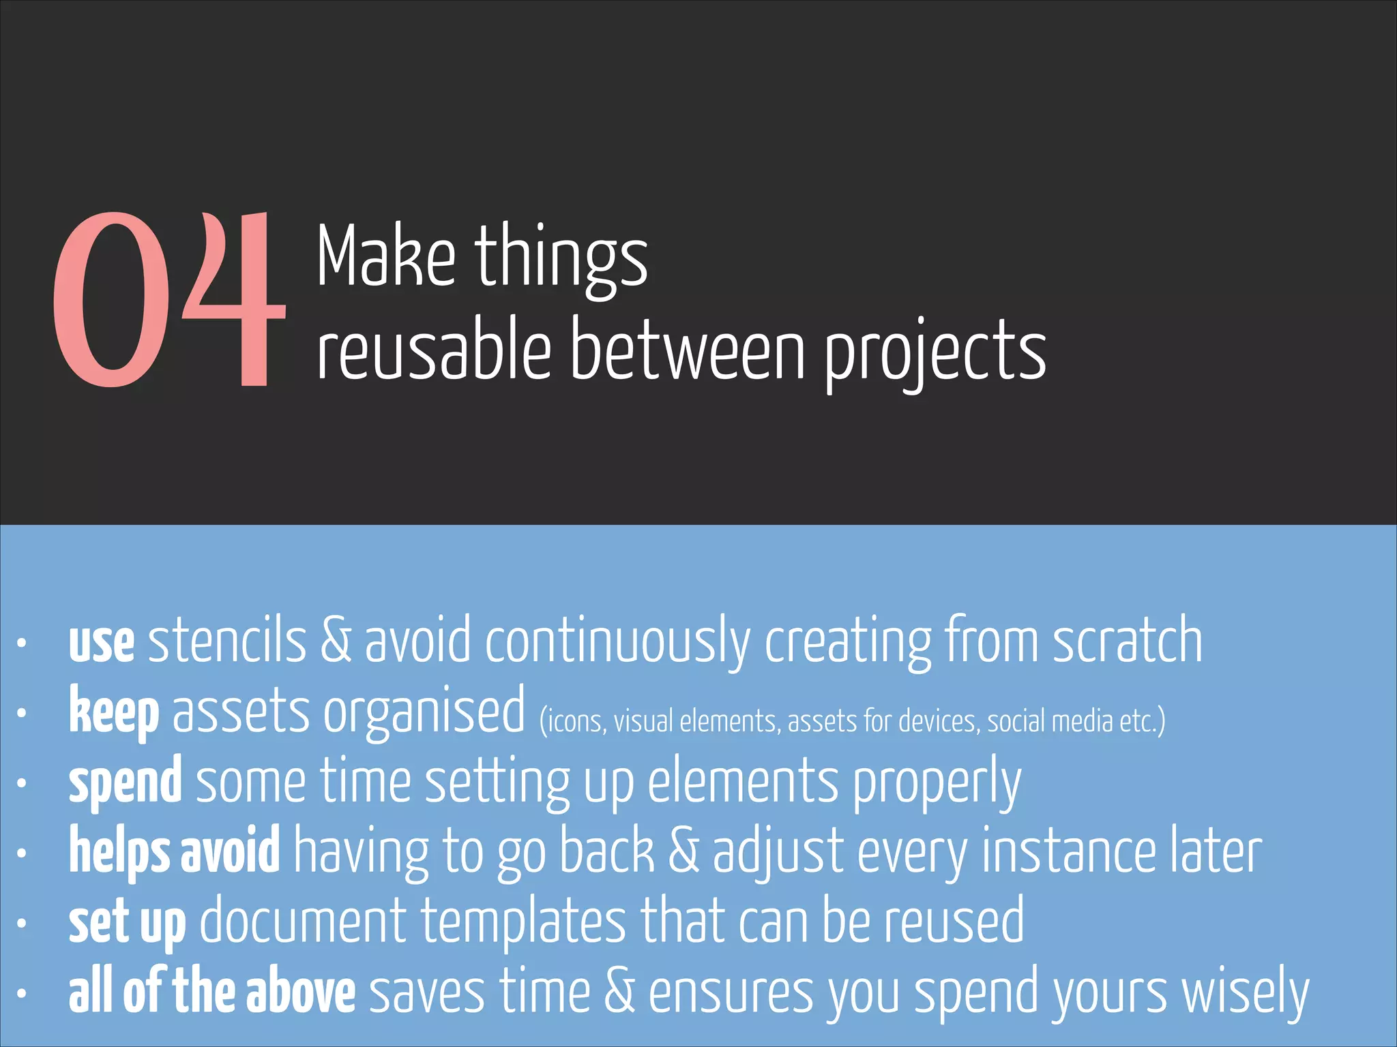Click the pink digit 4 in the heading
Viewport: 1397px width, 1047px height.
point(235,300)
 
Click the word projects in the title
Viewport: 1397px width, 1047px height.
point(935,352)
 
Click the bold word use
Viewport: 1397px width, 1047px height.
point(102,644)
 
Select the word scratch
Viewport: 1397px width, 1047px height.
point(1127,641)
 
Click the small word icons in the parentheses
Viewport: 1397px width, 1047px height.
point(573,721)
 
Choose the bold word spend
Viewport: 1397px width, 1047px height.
point(126,785)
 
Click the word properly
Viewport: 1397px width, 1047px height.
point(937,785)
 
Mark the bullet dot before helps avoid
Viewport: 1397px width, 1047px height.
point(22,853)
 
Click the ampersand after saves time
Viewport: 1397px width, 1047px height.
point(619,992)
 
